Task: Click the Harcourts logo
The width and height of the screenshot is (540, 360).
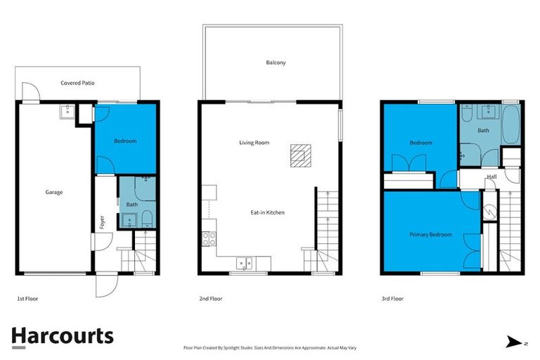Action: (62, 335)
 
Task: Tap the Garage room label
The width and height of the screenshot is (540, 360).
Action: (54, 192)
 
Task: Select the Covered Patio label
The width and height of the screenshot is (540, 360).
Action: (77, 83)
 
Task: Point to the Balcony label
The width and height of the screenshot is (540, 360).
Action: (276, 63)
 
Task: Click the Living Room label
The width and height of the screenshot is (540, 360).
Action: (253, 143)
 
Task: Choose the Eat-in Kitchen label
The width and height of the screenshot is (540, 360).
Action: (267, 212)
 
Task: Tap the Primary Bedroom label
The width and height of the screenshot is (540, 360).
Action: (430, 234)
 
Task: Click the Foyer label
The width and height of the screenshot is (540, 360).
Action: (103, 222)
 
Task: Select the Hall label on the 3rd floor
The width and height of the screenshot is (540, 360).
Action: (492, 176)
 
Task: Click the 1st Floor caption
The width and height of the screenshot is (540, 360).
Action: (28, 299)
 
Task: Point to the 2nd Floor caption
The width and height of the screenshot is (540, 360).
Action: (210, 299)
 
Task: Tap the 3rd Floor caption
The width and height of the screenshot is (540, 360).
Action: (392, 299)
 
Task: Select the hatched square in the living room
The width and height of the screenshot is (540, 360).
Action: (300, 155)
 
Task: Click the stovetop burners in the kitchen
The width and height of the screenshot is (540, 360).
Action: (209, 238)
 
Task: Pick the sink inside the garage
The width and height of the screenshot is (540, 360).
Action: (67, 111)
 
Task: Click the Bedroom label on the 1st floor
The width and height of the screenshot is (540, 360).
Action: (125, 141)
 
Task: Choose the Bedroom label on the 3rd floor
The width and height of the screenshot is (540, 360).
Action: (420, 143)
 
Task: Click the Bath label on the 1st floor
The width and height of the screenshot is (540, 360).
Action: (131, 205)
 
